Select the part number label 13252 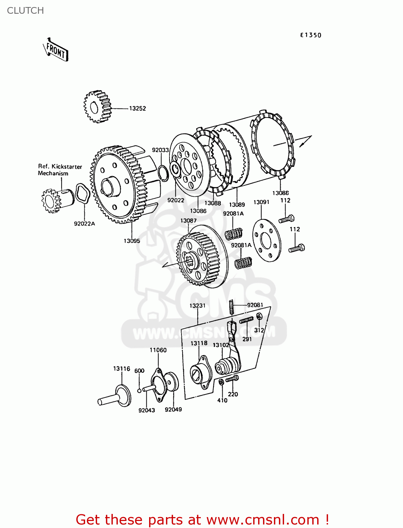(137, 108)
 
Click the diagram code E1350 (311, 35)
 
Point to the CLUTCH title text (25, 11)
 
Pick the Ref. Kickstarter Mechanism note (59, 170)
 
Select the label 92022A (84, 224)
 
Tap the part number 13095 (132, 241)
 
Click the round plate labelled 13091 (267, 240)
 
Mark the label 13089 (237, 205)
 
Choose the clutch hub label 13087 (188, 220)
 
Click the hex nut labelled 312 (259, 316)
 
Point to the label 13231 (197, 306)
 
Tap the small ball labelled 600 (140, 390)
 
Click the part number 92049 (173, 409)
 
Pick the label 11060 (158, 350)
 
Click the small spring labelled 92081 (231, 307)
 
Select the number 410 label (222, 400)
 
